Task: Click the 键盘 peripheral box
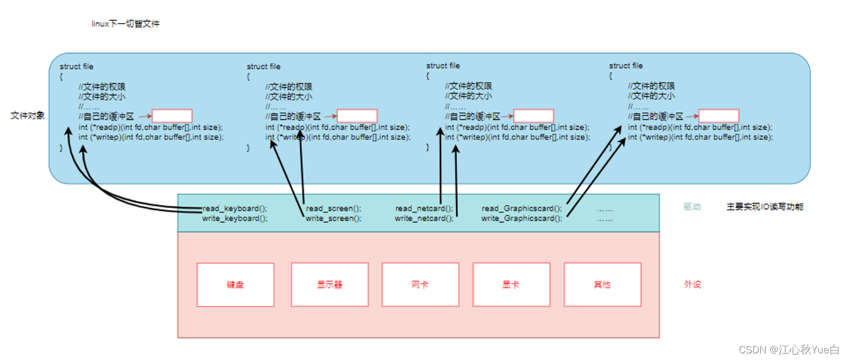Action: [235, 284]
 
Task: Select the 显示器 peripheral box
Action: [329, 284]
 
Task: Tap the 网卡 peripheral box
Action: [420, 284]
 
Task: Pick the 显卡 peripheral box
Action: [511, 284]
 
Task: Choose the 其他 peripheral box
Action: [602, 284]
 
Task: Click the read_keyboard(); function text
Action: [235, 209]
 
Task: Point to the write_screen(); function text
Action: [334, 218]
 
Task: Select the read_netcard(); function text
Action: [424, 209]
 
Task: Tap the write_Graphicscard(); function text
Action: [521, 218]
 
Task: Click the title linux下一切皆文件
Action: [125, 24]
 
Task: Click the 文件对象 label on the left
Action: [27, 116]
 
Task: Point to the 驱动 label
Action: [692, 207]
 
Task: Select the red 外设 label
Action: [692, 284]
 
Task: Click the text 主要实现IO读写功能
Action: [765, 207]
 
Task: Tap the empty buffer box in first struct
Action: [172, 116]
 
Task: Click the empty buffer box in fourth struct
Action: [719, 116]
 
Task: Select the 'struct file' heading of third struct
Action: [443, 66]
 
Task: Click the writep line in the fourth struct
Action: [700, 137]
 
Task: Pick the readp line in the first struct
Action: [151, 127]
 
